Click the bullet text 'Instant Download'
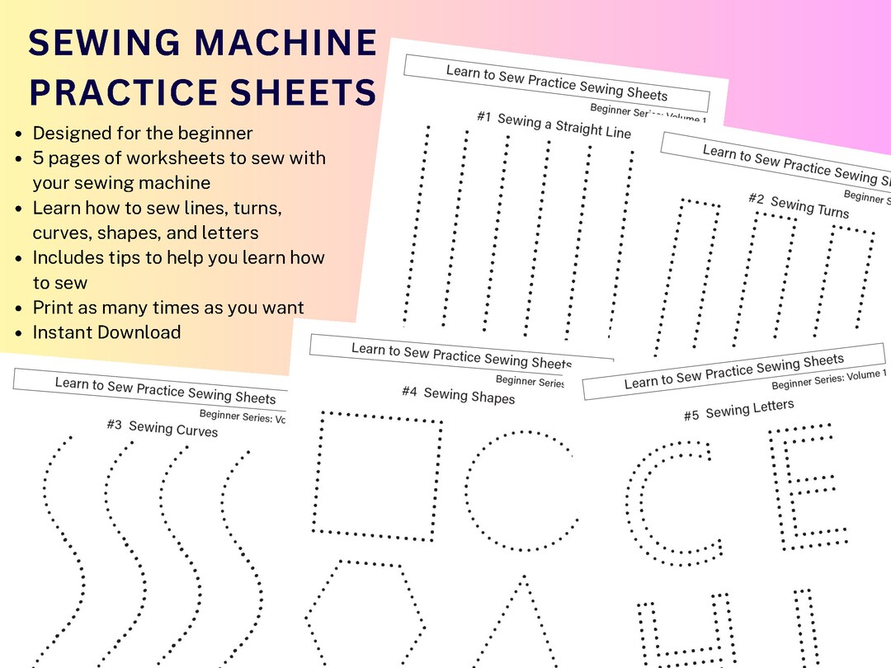tap(106, 332)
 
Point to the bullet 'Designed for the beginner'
tap(142, 133)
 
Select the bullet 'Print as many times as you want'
tap(168, 308)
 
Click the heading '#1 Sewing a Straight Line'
tap(554, 125)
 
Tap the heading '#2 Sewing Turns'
tap(798, 205)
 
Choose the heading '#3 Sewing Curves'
tap(162, 427)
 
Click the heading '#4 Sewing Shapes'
tap(458, 395)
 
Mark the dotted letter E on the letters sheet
tap(804, 487)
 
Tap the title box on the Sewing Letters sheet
tap(733, 371)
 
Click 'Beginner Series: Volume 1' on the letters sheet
tap(827, 380)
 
